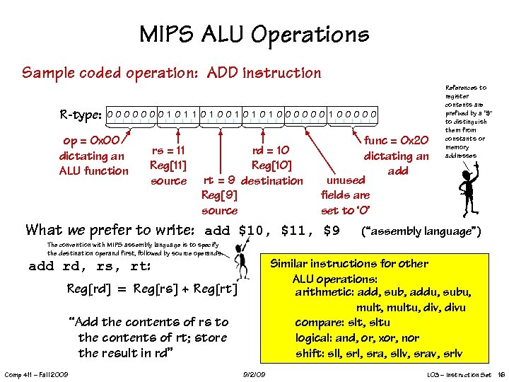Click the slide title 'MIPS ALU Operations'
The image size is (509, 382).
[x=254, y=34]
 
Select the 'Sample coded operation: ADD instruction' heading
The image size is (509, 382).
[x=172, y=73]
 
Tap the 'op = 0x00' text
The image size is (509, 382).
[x=93, y=141]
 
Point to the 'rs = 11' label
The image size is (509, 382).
[x=168, y=150]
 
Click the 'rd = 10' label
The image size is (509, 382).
[x=271, y=150]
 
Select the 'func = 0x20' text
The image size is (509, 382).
[x=396, y=141]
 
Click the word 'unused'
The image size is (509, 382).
[x=345, y=180]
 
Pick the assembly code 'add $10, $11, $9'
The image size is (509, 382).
[x=272, y=231]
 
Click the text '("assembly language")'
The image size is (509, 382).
[x=421, y=231]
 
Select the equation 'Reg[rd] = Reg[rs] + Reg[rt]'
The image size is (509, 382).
[x=152, y=290]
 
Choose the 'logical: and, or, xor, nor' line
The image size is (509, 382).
[x=357, y=337]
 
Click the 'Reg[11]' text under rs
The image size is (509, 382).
[x=168, y=166]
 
